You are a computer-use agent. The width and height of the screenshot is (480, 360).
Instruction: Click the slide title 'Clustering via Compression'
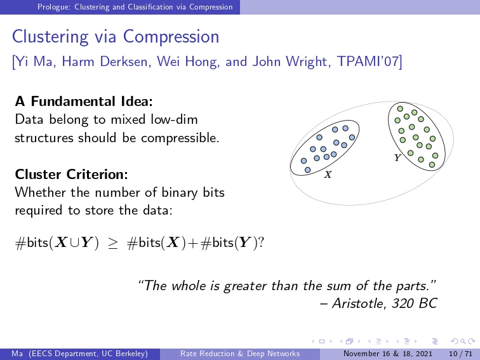pyautogui.click(x=116, y=37)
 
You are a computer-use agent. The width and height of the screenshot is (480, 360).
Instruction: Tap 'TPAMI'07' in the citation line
pyautogui.click(x=367, y=61)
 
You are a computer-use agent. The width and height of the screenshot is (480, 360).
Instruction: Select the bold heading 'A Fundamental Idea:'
pyautogui.click(x=84, y=102)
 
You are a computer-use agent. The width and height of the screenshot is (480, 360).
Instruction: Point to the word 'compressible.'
pyautogui.click(x=180, y=138)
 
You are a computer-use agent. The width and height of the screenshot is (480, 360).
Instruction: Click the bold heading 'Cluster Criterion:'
pyautogui.click(x=71, y=174)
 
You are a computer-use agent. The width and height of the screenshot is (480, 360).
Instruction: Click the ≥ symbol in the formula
pyautogui.click(x=113, y=243)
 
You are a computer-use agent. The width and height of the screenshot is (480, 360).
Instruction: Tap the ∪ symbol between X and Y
pyautogui.click(x=74, y=243)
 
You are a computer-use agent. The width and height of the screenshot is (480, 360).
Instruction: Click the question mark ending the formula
pyautogui.click(x=261, y=243)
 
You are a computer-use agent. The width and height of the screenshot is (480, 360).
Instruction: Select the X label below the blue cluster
pyautogui.click(x=328, y=175)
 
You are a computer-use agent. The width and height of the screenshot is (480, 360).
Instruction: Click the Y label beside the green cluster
pyautogui.click(x=397, y=157)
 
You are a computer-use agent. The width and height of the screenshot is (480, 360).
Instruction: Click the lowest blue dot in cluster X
pyautogui.click(x=308, y=170)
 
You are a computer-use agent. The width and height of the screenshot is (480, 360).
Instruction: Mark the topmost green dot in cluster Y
pyautogui.click(x=400, y=109)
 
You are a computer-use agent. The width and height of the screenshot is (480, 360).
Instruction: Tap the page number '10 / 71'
pyautogui.click(x=461, y=354)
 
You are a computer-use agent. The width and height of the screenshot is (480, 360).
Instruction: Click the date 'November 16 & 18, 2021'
pyautogui.click(x=388, y=354)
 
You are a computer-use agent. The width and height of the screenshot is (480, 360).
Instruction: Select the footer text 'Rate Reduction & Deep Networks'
pyautogui.click(x=240, y=354)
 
